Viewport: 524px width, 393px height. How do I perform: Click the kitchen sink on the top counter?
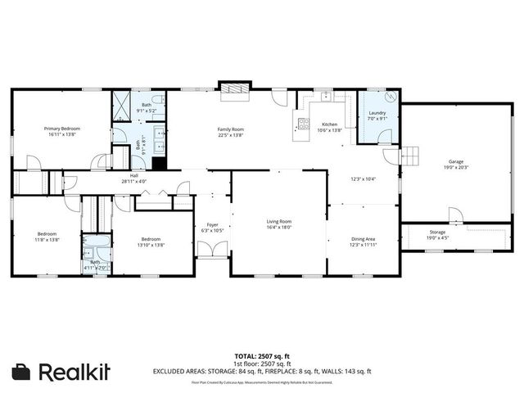(326, 96)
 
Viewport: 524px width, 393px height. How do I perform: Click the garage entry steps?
(409, 156)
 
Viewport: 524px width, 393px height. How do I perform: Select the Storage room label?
(436, 232)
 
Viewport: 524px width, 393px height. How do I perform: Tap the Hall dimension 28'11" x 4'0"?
(133, 181)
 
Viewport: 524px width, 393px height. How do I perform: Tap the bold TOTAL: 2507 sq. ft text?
(262, 355)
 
